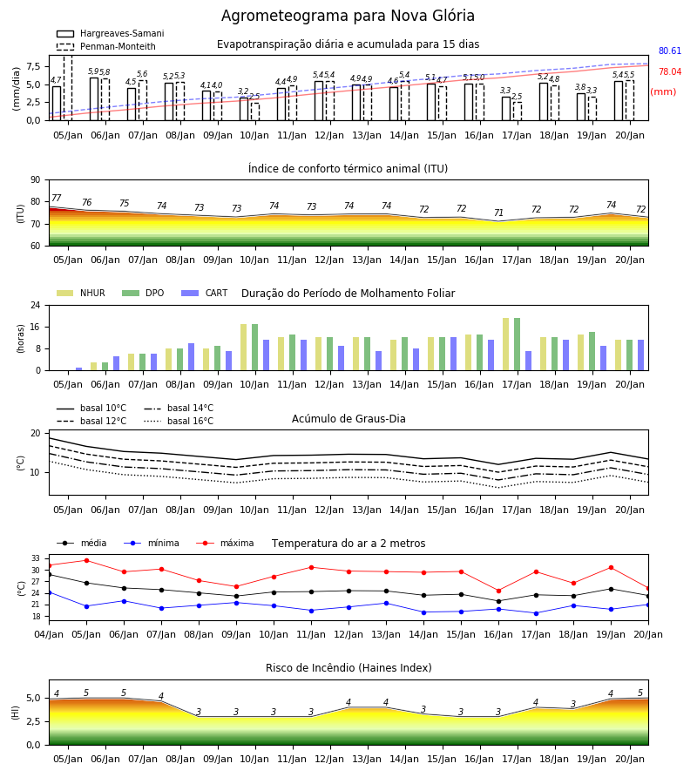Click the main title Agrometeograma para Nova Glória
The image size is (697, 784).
(x=348, y=16)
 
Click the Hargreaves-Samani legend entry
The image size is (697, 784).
(x=110, y=33)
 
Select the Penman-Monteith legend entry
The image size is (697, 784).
(x=106, y=46)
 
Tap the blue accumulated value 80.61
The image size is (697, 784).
(x=670, y=51)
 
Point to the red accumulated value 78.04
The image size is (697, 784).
(x=670, y=72)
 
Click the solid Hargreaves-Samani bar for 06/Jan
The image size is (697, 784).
(x=94, y=99)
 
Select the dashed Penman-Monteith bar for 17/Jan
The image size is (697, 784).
(x=518, y=112)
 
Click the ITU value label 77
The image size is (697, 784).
(x=57, y=198)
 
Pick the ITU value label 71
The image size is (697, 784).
(x=498, y=213)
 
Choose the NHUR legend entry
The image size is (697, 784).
(x=81, y=293)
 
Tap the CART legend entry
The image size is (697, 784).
(x=205, y=293)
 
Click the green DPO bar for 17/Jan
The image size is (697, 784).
(x=517, y=344)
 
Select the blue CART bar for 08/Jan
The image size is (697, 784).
(x=191, y=357)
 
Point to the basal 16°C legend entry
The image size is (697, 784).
(x=179, y=421)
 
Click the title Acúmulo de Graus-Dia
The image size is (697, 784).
(x=348, y=419)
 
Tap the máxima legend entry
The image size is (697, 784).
(x=226, y=543)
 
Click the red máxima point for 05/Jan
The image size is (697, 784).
(x=86, y=560)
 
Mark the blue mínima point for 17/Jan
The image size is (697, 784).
(x=537, y=613)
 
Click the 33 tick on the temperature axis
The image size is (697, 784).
(x=36, y=558)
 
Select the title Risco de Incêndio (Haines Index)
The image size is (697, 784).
(x=348, y=668)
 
